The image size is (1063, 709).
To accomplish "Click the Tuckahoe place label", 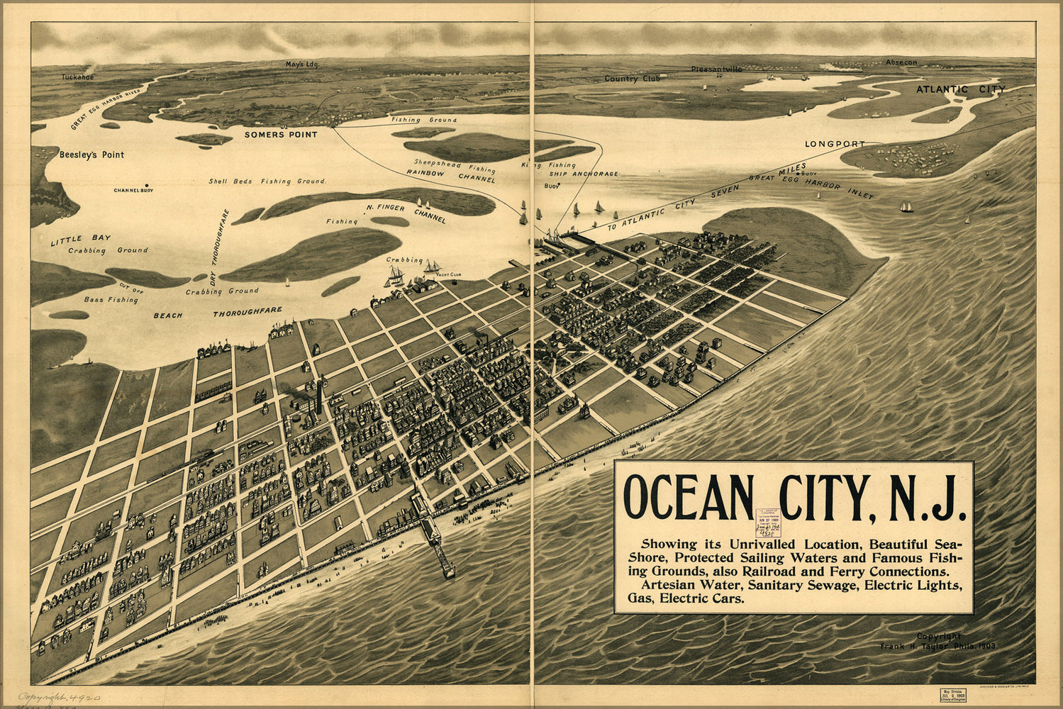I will [x=77, y=77].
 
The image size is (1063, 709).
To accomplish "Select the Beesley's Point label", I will [x=91, y=155].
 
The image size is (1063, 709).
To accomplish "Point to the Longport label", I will [x=835, y=144].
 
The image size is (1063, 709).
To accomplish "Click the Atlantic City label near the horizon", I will [x=960, y=89].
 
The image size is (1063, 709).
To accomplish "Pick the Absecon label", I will [x=901, y=62].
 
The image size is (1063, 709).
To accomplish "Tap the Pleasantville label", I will [x=718, y=69].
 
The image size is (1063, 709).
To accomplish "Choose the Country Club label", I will [x=631, y=79].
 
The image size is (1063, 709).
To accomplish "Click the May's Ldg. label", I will [x=303, y=64].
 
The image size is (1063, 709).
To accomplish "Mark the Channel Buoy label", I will [x=133, y=190].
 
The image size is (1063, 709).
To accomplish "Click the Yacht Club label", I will [x=448, y=274].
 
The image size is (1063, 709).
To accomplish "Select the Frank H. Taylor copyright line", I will [x=938, y=646].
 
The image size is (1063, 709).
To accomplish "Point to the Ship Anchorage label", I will [x=584, y=174].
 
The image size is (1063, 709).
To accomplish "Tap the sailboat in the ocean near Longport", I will [x=906, y=207].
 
